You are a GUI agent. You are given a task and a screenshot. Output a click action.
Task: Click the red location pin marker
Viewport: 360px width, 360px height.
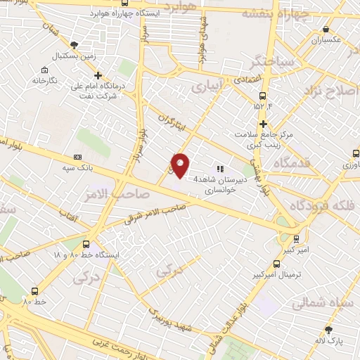tap(181, 165)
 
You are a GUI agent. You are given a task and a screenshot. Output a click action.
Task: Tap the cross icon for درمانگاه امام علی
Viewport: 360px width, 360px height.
tap(98, 75)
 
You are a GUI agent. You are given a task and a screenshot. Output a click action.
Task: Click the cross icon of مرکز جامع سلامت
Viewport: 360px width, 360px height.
tap(262, 124)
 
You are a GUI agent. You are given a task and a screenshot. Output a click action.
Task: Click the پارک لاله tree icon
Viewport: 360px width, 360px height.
tap(329, 330)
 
